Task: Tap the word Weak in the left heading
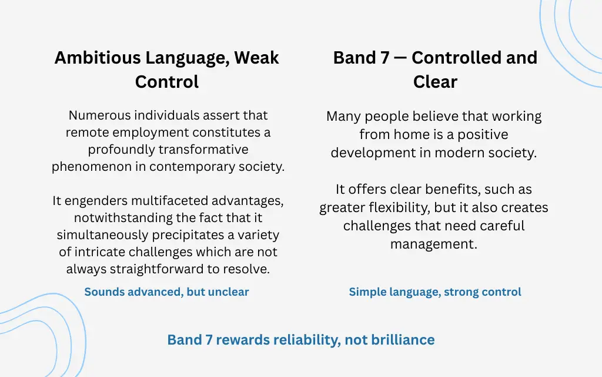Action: (256, 58)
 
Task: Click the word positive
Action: (479, 134)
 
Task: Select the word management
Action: (433, 243)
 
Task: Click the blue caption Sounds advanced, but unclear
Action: (166, 292)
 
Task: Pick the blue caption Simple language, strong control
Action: (434, 292)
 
